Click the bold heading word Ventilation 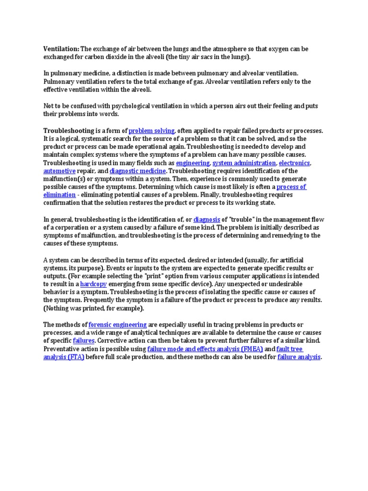(61, 49)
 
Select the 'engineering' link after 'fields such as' (193, 163)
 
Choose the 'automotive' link (59, 171)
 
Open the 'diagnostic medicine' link (138, 171)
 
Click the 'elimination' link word (59, 195)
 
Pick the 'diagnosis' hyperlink (207, 220)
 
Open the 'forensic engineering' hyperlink (117, 325)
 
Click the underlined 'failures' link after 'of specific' (83, 341)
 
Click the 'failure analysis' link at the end (299, 357)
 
